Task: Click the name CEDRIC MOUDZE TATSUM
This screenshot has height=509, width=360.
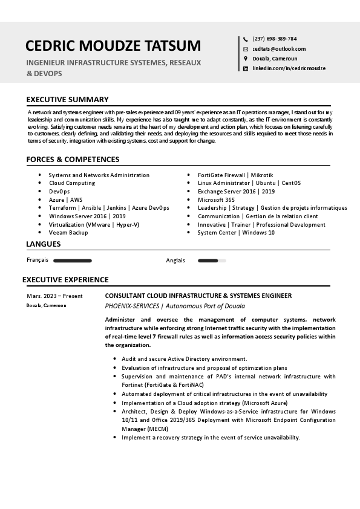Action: [113, 46]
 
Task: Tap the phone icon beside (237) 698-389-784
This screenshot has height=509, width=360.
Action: [246, 39]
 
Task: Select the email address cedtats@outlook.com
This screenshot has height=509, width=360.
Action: [279, 49]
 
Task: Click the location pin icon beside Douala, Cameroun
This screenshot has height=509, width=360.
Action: [246, 59]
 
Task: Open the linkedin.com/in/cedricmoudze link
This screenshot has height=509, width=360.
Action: [289, 68]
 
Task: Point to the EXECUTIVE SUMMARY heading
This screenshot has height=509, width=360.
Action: [67, 100]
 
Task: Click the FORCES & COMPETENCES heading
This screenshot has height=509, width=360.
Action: [73, 160]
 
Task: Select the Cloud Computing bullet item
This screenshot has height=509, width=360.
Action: [72, 183]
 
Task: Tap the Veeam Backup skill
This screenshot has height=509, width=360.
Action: [68, 233]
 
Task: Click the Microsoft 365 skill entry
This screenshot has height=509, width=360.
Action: [216, 199]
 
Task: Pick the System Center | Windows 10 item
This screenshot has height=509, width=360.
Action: [236, 233]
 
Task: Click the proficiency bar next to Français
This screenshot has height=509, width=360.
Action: [73, 261]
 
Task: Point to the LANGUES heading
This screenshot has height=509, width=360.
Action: [44, 244]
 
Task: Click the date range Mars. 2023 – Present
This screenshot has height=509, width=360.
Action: [54, 296]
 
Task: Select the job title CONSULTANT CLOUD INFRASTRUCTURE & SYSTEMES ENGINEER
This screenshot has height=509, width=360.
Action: [198, 296]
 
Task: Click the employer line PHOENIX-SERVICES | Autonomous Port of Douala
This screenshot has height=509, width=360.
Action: [175, 306]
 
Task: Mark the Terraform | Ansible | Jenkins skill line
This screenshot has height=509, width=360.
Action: [109, 208]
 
